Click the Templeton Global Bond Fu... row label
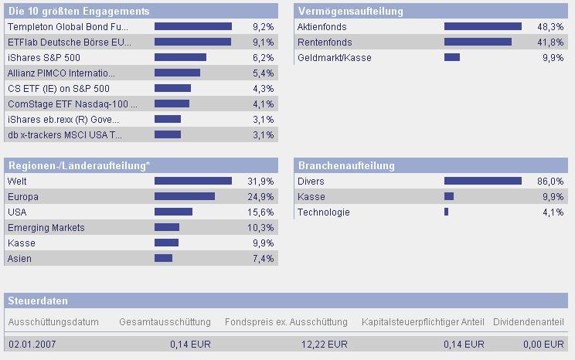(68, 27)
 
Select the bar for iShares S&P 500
(180, 58)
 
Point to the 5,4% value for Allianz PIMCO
(263, 73)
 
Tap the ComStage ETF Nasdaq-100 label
(72, 104)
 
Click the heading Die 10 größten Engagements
(79, 12)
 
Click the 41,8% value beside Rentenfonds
(552, 42)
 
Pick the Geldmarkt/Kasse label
(334, 58)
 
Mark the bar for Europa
(185, 197)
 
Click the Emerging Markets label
(46, 228)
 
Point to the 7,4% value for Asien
(263, 259)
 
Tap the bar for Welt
(192, 182)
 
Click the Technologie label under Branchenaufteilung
(323, 212)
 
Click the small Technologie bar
(446, 212)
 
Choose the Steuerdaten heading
(38, 301)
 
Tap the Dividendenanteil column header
(534, 322)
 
